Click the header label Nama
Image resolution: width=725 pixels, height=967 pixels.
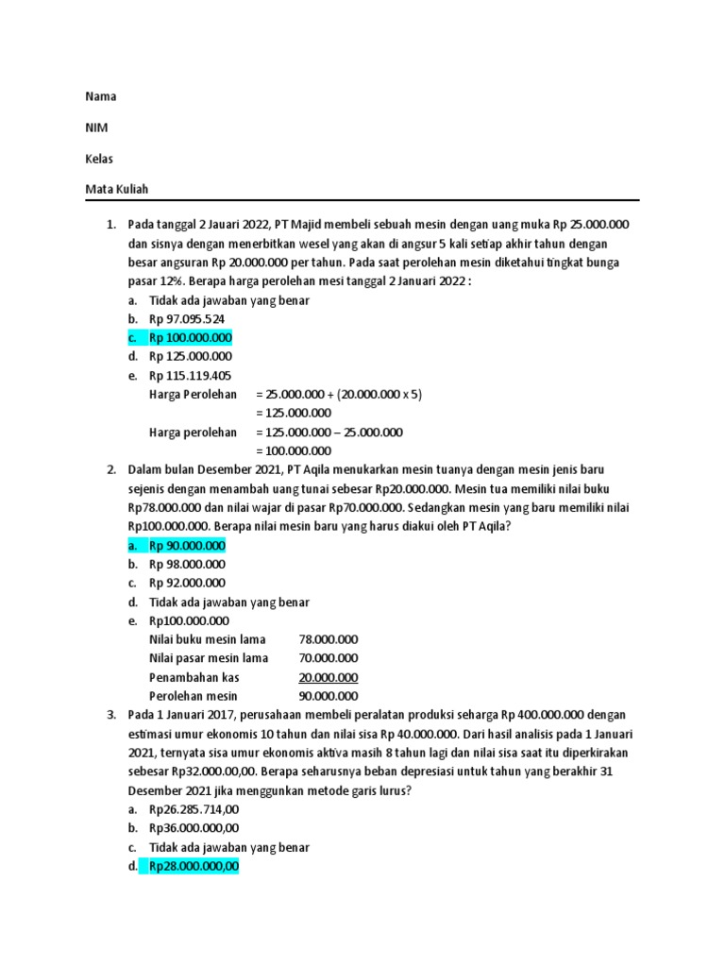pos(101,96)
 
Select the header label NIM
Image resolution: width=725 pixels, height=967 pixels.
pos(96,127)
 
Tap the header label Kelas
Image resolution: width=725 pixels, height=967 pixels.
pos(99,159)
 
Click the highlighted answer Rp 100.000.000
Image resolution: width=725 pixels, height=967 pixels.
pos(190,338)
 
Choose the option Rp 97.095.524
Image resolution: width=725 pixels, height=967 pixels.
pos(186,319)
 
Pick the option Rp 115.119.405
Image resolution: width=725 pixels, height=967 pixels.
pos(190,376)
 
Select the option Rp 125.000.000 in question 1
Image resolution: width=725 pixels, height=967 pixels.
pos(190,357)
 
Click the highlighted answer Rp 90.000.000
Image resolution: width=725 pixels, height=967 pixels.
pos(187,546)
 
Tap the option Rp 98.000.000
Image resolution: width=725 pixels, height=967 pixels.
pos(187,565)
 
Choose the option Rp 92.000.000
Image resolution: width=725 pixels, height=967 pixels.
pos(187,584)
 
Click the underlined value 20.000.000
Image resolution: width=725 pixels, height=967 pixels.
pos(328,677)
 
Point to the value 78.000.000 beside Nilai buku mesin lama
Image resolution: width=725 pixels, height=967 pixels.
pos(328,639)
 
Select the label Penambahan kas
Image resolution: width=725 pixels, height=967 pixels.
pos(194,677)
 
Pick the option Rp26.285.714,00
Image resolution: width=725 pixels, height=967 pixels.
pos(194,809)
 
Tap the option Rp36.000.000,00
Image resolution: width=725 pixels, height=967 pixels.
pos(194,828)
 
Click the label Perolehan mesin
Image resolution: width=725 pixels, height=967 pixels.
pos(192,696)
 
